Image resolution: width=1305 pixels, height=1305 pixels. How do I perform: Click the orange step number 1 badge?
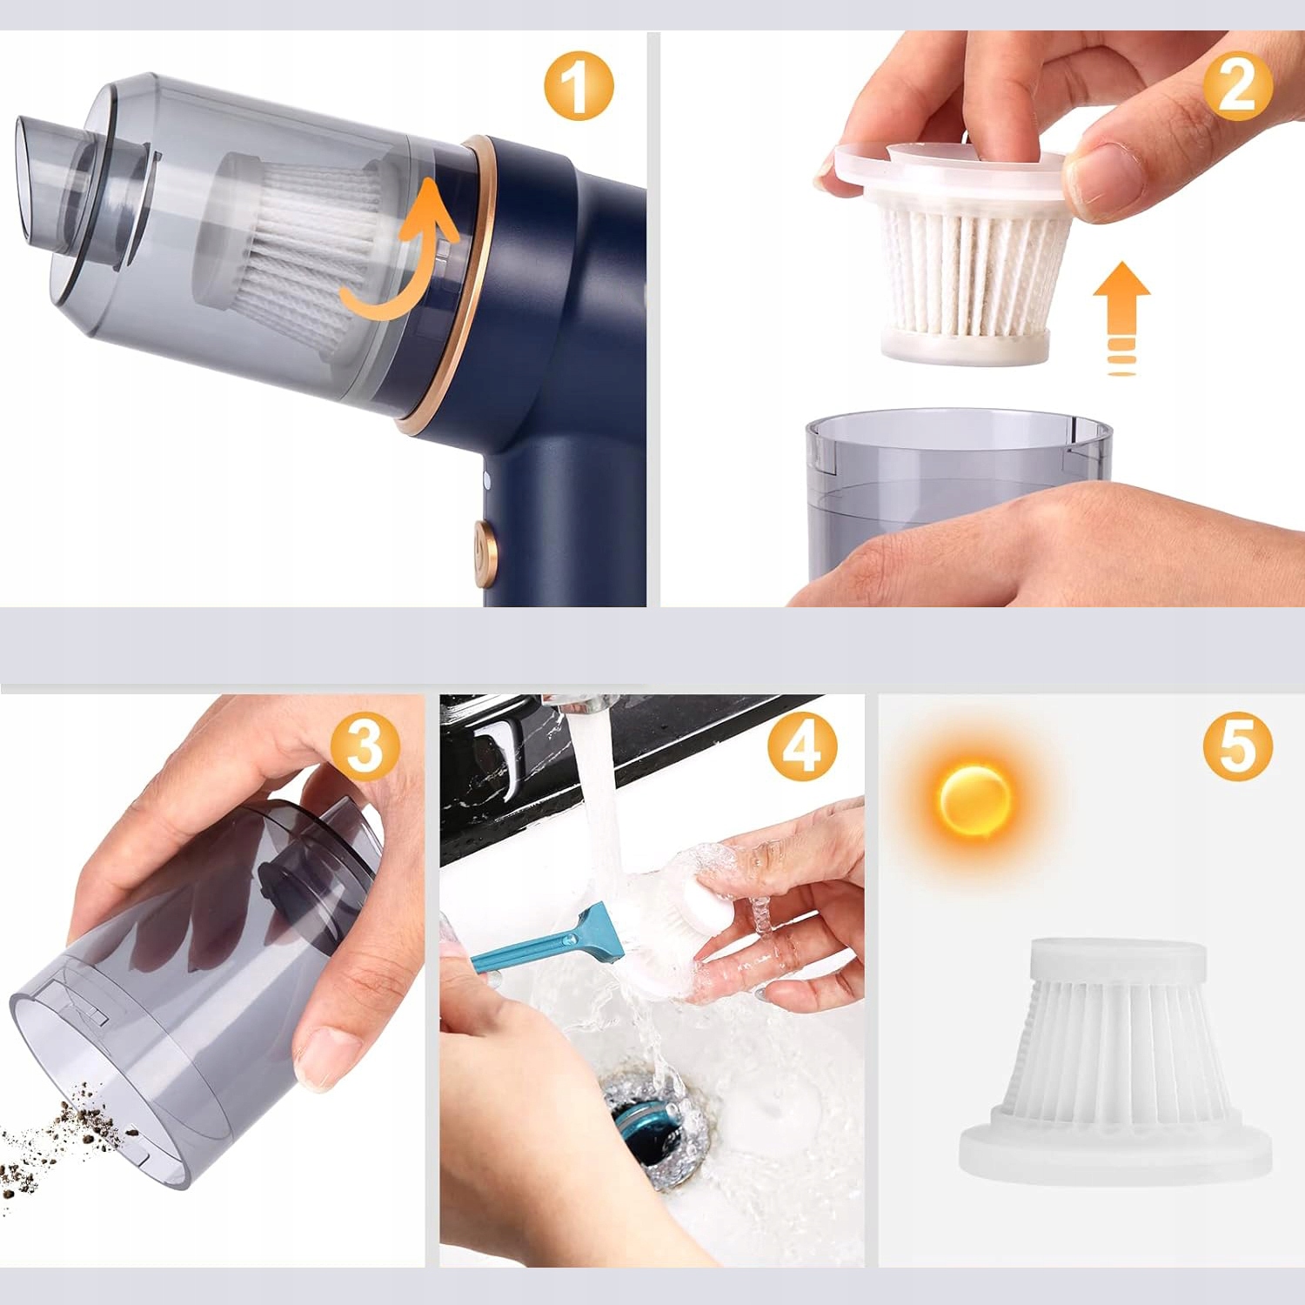click(579, 85)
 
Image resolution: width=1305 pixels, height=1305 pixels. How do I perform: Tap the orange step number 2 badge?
click(1238, 85)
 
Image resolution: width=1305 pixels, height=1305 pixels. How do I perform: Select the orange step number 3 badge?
click(365, 746)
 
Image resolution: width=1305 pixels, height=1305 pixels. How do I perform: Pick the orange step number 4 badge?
click(802, 746)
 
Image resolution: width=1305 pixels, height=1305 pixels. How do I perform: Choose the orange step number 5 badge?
click(1238, 746)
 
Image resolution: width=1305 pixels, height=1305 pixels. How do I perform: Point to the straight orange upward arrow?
click(1122, 318)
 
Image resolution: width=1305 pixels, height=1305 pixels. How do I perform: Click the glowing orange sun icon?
click(974, 797)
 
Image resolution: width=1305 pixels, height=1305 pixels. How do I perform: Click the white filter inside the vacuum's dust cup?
click(291, 252)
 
